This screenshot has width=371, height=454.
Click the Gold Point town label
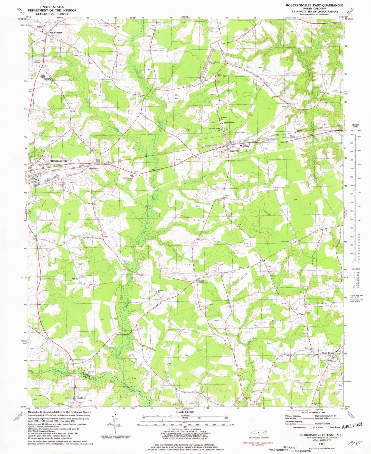56,33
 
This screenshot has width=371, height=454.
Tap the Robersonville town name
59,161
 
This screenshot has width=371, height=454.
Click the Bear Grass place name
328,353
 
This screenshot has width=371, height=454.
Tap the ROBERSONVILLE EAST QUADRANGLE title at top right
312,5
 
